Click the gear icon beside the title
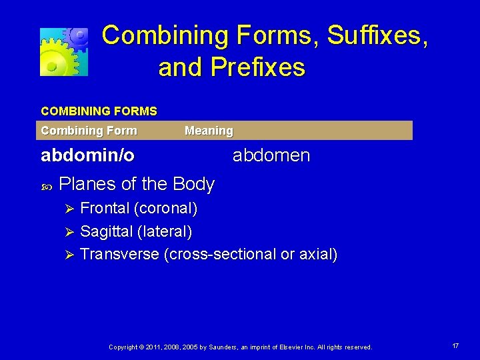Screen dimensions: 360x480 tap(64, 51)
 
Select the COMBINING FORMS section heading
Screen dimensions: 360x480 tap(99, 111)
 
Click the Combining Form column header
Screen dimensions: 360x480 tap(89, 131)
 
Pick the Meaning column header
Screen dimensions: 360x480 tap(209, 131)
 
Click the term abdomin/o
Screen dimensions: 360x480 tap(87, 156)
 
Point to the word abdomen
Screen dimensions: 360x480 tap(271, 156)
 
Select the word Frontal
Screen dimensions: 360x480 tap(105, 209)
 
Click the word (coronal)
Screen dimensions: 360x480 tap(166, 209)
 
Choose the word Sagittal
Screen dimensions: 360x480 tap(106, 232)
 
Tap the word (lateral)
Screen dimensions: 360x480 tap(165, 232)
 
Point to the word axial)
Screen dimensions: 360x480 tap(317, 254)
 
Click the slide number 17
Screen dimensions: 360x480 tap(455, 346)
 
